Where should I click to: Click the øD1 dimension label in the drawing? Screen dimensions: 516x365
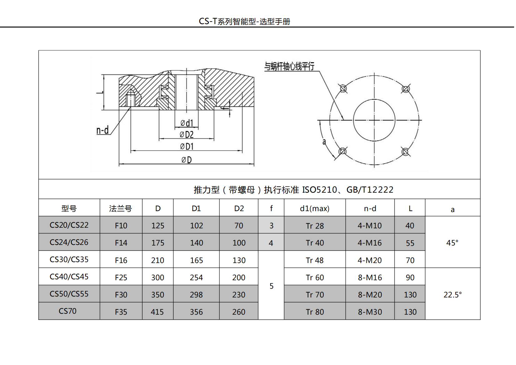187,146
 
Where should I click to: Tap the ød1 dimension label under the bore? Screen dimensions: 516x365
187,123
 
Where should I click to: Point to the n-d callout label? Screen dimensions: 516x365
102,130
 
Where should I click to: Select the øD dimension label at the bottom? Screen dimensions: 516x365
187,160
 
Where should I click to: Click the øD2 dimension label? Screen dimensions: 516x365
187,134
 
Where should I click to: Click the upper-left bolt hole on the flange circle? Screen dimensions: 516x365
343,89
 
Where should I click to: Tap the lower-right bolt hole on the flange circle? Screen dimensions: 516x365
405,152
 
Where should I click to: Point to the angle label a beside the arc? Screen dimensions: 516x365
324,141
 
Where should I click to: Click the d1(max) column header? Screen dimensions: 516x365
315,209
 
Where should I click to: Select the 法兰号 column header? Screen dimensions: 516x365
120,209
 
